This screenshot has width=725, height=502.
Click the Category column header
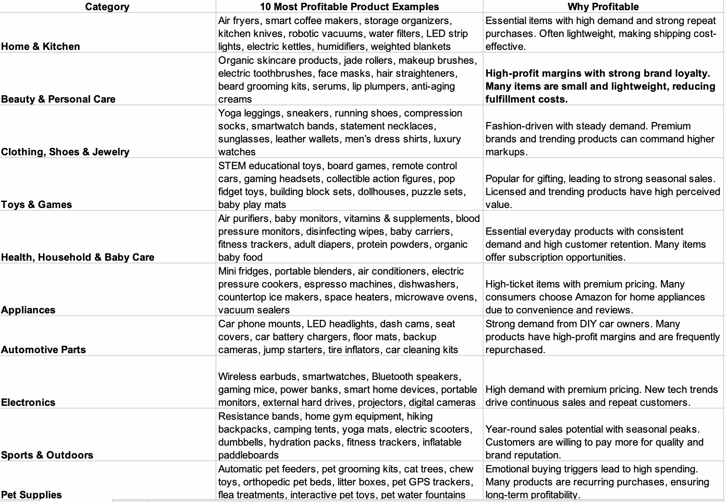(107, 6)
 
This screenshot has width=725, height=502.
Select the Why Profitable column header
(603, 6)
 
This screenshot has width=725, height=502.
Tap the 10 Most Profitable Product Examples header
(349, 6)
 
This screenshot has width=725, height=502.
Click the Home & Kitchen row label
(41, 46)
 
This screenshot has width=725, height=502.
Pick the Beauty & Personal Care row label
(58, 99)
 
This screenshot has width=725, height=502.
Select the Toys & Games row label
(37, 204)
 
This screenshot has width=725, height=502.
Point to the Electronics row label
(28, 402)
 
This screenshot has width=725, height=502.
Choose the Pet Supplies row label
(31, 495)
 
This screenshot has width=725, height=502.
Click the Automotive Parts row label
(43, 349)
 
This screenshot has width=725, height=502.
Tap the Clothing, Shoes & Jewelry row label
(65, 152)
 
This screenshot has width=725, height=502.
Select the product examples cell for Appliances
(349, 290)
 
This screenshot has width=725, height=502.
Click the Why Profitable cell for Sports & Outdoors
(603, 442)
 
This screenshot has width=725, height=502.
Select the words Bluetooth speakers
(416, 377)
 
